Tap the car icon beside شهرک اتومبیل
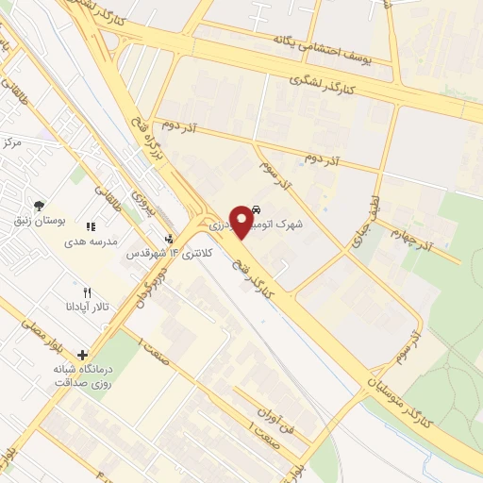click(258, 211)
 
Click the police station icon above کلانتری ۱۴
click(169, 240)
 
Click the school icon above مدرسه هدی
click(92, 226)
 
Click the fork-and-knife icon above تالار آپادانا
click(88, 292)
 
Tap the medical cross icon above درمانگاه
click(83, 354)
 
